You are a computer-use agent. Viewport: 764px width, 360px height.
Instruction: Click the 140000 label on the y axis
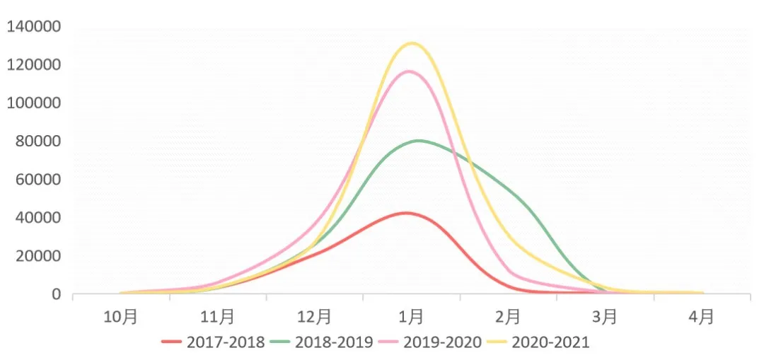[33, 27]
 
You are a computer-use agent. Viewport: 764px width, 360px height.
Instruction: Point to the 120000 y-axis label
[33, 65]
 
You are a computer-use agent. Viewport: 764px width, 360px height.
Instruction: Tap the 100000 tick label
[33, 103]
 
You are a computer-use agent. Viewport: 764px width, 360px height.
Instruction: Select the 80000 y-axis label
[37, 141]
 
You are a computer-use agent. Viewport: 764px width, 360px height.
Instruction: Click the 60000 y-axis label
[37, 180]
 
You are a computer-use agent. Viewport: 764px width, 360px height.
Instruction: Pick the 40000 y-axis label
[37, 218]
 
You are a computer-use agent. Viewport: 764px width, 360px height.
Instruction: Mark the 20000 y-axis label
[37, 256]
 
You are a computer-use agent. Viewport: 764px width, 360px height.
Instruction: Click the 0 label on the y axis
[56, 294]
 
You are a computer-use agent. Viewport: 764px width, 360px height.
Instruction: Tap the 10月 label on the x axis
[121, 316]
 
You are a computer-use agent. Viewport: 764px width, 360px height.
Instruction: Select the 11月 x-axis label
[218, 316]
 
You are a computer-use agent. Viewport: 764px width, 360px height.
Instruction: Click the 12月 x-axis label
[315, 316]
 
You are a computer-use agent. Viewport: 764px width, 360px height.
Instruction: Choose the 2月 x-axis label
[509, 316]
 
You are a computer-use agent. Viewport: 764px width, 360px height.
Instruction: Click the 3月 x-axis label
[606, 316]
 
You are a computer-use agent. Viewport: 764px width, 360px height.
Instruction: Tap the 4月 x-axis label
[702, 316]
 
